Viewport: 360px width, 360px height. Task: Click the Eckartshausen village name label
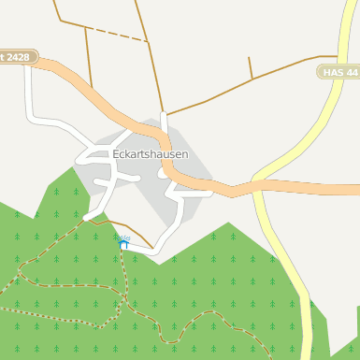(150, 154)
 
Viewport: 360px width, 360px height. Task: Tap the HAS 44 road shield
(338, 72)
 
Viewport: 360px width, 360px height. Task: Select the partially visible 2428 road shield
(18, 57)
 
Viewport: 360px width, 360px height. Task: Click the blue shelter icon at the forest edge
(122, 244)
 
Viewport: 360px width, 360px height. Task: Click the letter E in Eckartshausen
(115, 154)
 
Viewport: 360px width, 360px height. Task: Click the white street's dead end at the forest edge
(86, 218)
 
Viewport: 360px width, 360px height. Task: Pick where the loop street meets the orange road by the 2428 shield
(30, 68)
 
